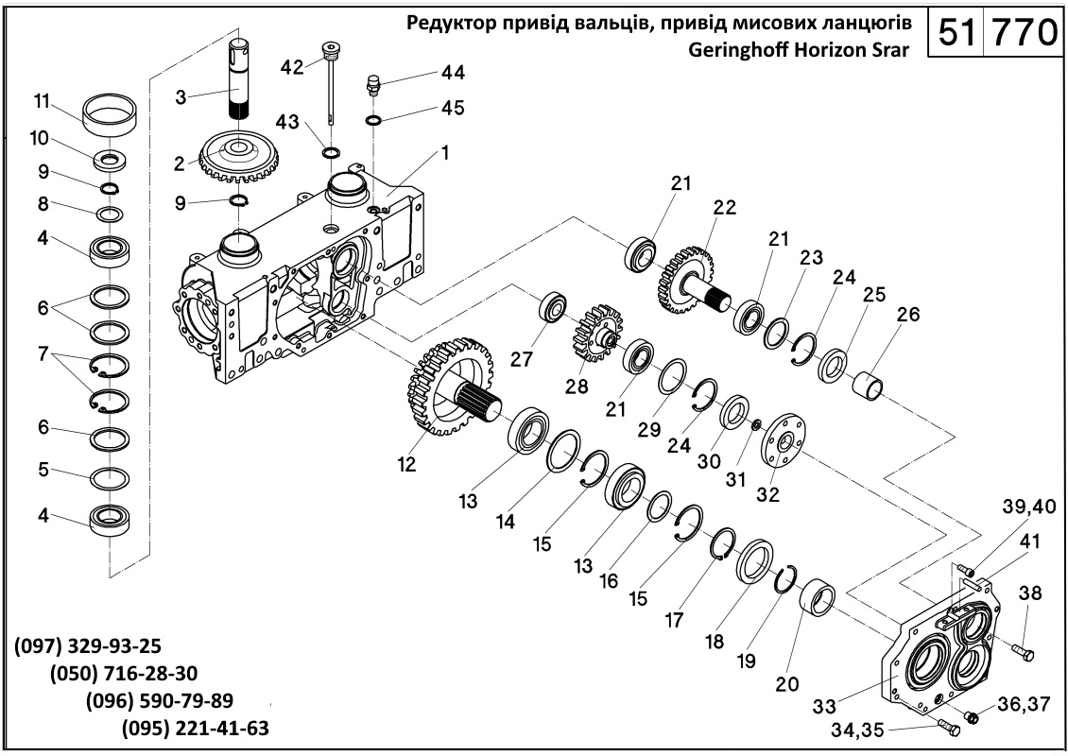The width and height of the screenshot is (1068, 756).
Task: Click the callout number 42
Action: click(293, 66)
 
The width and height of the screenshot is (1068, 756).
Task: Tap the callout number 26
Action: click(907, 315)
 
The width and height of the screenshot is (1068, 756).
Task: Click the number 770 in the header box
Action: click(1020, 33)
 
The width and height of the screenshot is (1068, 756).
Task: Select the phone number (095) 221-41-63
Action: click(196, 729)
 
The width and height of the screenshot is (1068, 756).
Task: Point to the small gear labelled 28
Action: click(593, 333)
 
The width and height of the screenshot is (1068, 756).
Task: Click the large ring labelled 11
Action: click(110, 115)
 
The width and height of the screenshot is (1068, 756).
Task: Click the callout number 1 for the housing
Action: click(445, 151)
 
